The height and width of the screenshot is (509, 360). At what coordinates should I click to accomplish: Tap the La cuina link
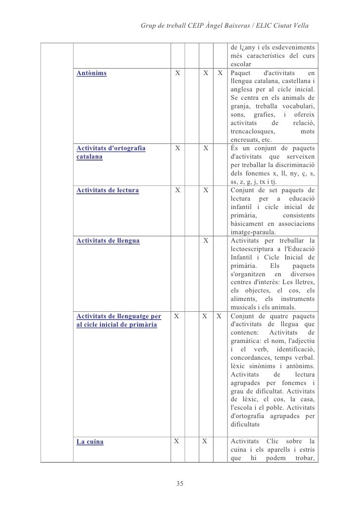90,442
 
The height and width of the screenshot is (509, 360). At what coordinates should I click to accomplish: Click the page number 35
180,483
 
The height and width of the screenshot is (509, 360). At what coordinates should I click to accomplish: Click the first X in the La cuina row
177,441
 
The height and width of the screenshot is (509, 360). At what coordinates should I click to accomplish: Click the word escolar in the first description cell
241,65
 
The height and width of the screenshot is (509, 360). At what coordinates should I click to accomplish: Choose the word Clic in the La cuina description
273,441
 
